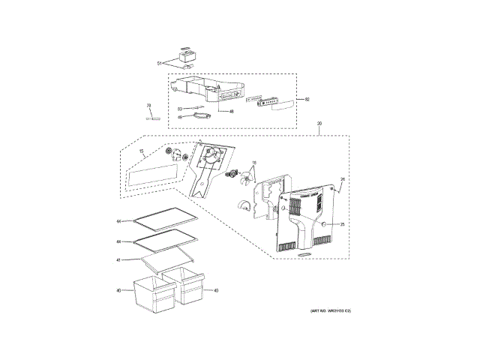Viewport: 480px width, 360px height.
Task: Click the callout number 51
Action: pos(159,63)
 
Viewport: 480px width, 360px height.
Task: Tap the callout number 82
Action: pos(306,99)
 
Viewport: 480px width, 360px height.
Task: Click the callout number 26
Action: pos(343,179)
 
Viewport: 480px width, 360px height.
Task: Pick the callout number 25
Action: pos(343,224)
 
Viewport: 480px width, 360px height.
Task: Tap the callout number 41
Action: pos(118,260)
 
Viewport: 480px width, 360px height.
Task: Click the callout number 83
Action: pos(180,109)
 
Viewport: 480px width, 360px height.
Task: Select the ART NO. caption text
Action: pos(331,310)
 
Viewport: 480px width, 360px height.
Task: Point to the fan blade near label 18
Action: pos(244,178)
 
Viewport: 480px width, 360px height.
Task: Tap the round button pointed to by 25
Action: pos(324,224)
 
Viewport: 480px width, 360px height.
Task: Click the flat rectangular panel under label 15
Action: pos(154,175)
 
